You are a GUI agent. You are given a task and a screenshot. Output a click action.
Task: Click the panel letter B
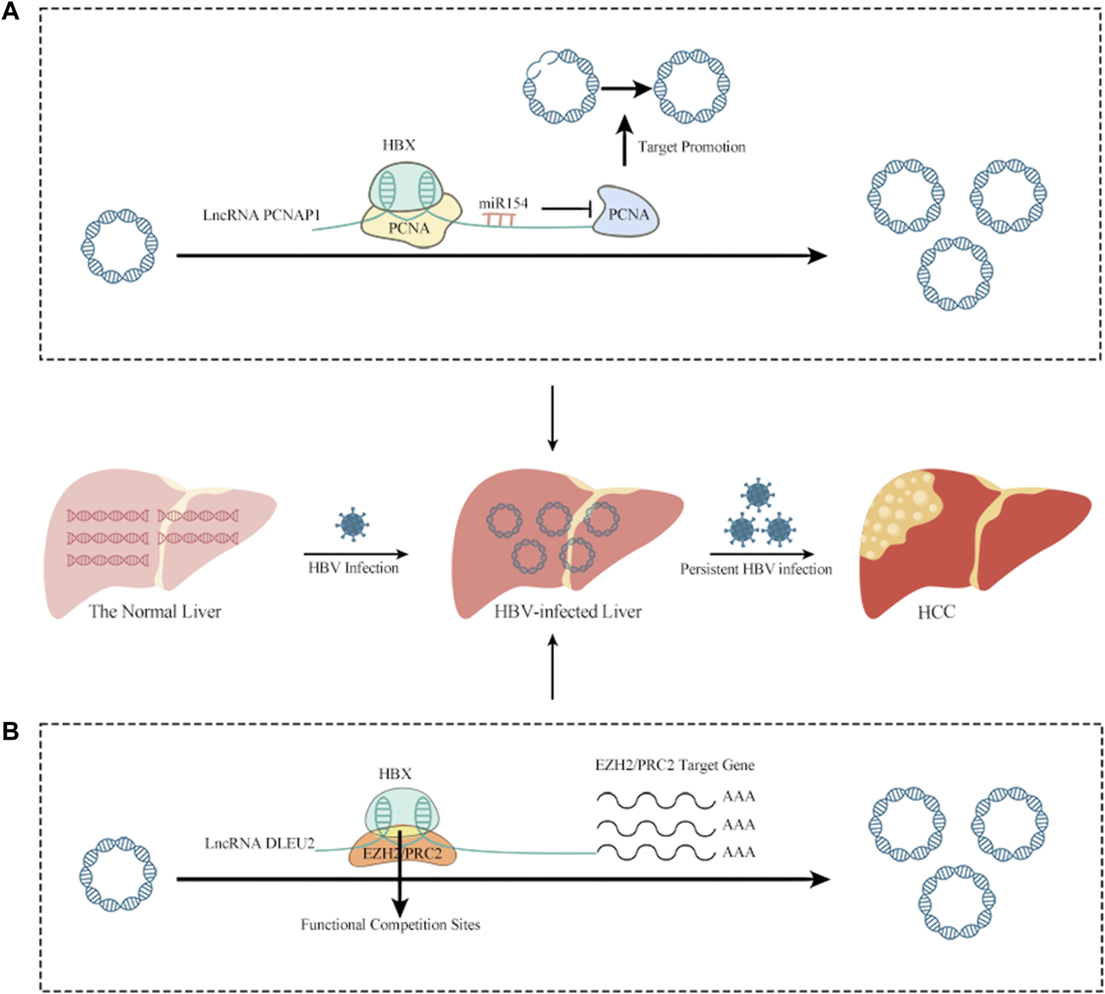[x=11, y=731]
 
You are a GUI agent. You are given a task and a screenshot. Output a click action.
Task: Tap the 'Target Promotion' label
[x=691, y=147]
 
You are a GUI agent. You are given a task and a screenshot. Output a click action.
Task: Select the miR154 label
[x=503, y=203]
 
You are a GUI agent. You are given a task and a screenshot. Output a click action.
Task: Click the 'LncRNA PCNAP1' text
[x=261, y=215]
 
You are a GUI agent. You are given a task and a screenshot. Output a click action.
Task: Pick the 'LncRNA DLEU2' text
[x=259, y=844]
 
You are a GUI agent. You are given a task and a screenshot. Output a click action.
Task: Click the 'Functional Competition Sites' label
[x=390, y=924]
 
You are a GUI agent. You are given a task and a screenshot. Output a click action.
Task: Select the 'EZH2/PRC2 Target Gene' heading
[x=675, y=765]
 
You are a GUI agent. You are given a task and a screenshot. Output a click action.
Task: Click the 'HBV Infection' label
[x=353, y=567]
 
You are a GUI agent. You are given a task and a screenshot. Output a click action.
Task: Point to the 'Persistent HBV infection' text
[x=756, y=569]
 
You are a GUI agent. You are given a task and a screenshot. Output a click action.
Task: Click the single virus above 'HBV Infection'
[x=352, y=524]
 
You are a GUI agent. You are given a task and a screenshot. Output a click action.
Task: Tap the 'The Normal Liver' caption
[x=155, y=611]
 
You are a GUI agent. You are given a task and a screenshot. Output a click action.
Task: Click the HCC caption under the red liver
[x=936, y=612]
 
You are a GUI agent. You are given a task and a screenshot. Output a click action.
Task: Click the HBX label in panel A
[x=398, y=145]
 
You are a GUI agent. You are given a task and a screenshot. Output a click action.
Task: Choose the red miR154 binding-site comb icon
[x=498, y=218]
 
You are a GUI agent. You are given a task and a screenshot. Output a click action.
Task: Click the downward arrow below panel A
[x=552, y=418]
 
